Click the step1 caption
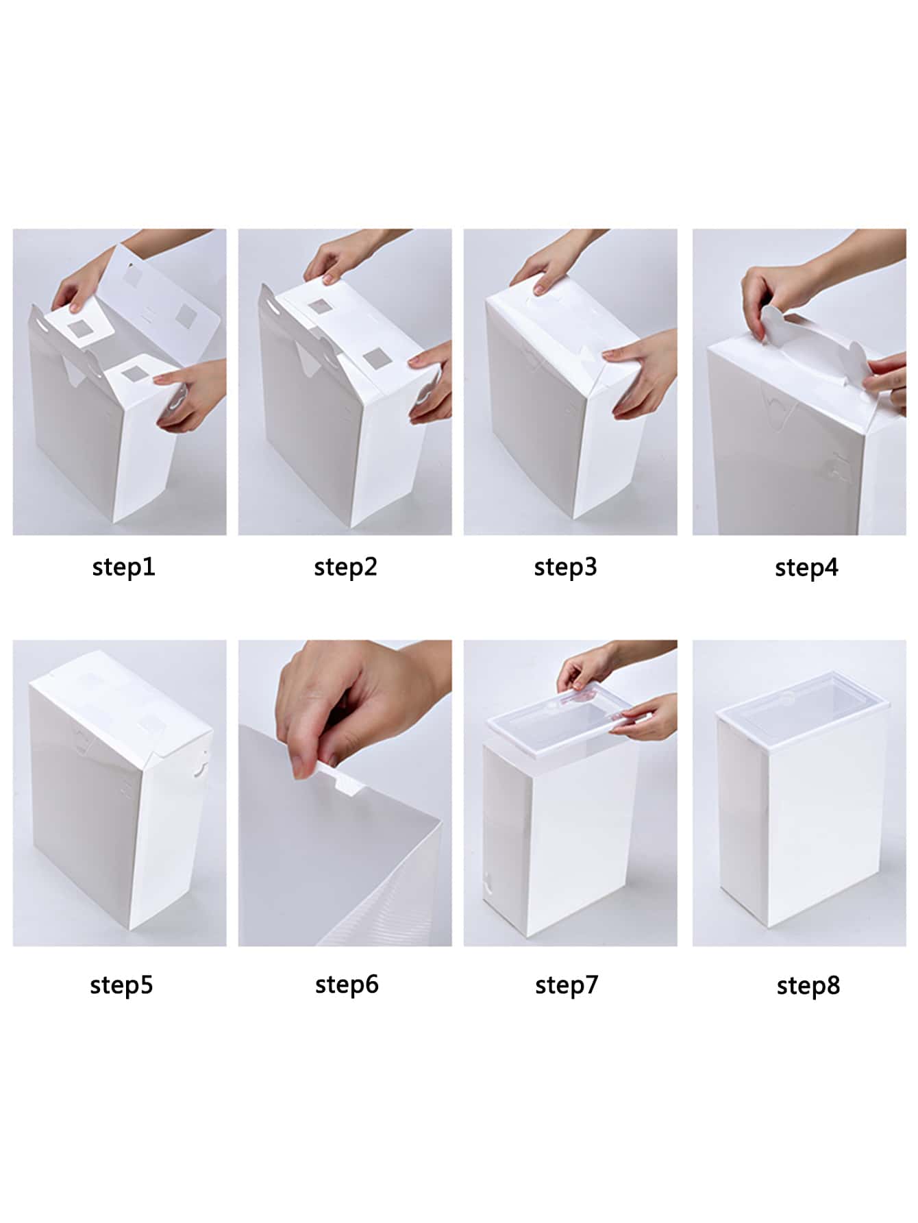coord(124,567)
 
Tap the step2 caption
coord(346,567)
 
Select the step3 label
coord(566,567)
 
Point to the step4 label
coord(806,568)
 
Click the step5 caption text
coord(122,985)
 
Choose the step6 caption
coord(347,985)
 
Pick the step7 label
coord(567,985)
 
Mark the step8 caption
coord(808,986)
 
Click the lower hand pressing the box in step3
coord(641,373)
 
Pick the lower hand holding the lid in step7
coord(647,716)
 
